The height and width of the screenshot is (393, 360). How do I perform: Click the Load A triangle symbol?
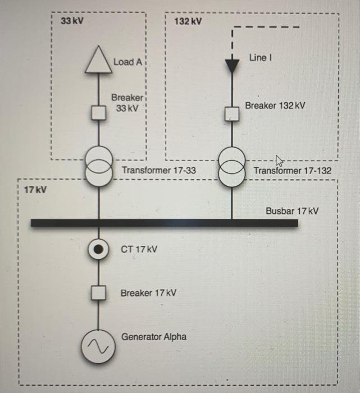[99, 61]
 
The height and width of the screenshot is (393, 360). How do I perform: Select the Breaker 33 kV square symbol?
[99, 113]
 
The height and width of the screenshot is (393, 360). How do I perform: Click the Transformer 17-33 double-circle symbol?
[99, 167]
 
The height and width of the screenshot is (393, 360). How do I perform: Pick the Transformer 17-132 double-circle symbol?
[231, 167]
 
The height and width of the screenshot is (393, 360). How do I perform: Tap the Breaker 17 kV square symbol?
[99, 293]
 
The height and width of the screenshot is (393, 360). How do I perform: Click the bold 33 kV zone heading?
[71, 21]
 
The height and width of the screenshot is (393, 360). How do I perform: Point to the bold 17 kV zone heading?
[35, 190]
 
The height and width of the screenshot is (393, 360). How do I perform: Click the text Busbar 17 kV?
[292, 211]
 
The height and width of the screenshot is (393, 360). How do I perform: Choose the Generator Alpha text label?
[154, 337]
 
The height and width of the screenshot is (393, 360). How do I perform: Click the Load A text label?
[127, 61]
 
